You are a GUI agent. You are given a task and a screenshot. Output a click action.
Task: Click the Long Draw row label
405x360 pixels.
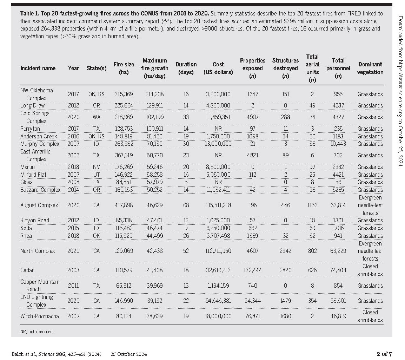[32, 106]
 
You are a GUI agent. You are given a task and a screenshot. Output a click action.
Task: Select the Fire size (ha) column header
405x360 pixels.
[124, 68]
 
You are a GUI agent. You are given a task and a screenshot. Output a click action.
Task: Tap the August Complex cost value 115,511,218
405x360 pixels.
[218, 205]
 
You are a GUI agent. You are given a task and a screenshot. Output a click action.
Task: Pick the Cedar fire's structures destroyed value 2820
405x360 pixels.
[285, 270]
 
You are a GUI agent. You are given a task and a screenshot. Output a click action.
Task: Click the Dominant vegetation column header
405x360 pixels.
[370, 68]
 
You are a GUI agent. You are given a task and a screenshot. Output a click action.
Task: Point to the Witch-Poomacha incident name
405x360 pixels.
[40, 316]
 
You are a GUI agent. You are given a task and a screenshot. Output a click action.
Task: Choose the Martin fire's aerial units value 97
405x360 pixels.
[312, 167]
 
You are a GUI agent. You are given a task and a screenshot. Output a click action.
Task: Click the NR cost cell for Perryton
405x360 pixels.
[218, 129]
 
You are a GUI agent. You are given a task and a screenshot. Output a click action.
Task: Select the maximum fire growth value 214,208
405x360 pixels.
[154, 94]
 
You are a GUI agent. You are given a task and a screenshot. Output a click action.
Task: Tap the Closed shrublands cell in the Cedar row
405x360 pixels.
[370, 270]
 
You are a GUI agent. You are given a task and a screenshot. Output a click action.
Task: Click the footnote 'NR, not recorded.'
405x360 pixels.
[37, 332]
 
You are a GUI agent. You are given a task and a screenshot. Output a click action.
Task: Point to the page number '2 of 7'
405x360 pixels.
[384, 354]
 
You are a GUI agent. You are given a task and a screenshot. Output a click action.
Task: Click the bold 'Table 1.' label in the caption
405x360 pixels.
[29, 13]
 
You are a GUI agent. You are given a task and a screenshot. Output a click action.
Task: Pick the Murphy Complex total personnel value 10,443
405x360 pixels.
[338, 144]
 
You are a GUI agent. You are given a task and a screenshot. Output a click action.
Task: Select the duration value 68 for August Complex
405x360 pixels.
[186, 205]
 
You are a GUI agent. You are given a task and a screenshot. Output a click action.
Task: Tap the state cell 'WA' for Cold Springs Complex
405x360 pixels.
[97, 117]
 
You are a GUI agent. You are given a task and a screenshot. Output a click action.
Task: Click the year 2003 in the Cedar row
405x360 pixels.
[73, 270]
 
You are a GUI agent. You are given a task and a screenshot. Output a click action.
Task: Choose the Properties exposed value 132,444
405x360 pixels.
[253, 270]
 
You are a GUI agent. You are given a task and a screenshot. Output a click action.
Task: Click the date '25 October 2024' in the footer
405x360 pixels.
[129, 354]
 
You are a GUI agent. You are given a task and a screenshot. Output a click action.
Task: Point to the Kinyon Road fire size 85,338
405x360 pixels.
[124, 221]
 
